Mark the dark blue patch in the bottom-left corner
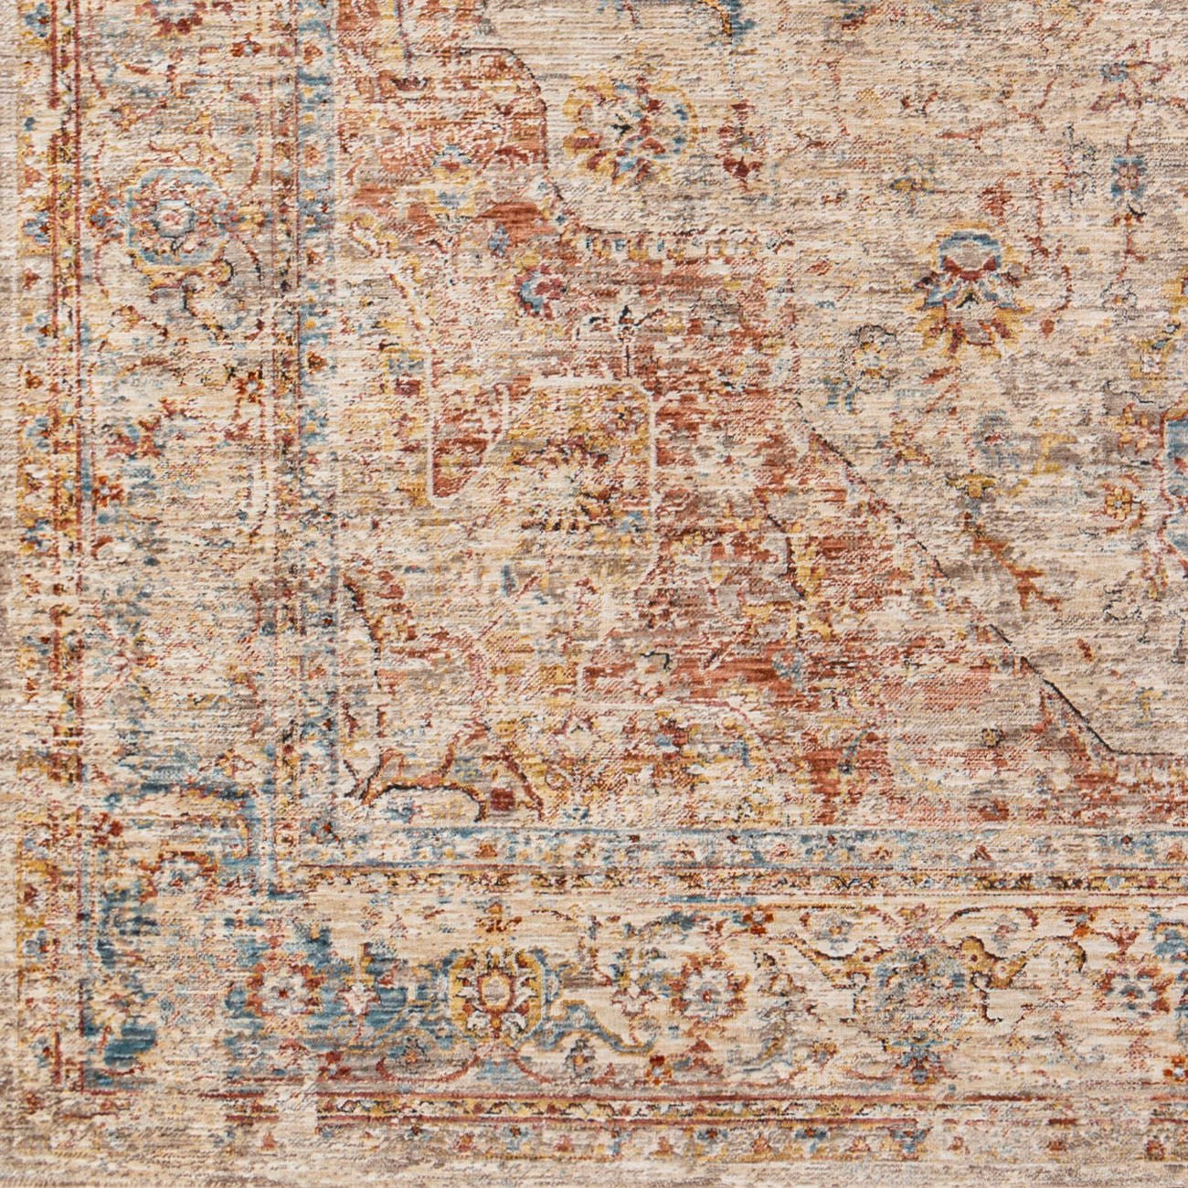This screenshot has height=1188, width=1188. (x=137, y=1024)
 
